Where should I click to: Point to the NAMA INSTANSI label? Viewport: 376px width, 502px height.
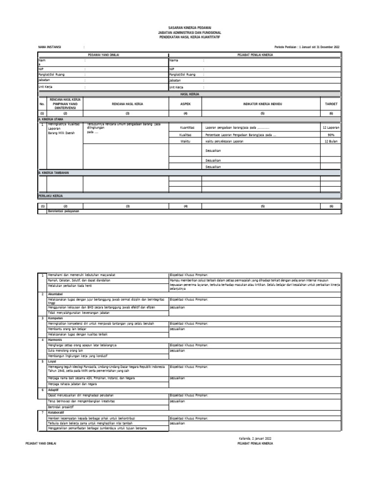(x=49, y=47)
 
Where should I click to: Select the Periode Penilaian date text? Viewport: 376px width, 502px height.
(x=307, y=47)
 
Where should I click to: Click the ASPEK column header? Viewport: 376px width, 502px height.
(x=185, y=104)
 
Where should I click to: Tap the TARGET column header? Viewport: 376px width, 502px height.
(x=328, y=104)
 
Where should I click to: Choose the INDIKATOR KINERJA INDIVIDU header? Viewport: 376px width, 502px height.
(x=262, y=104)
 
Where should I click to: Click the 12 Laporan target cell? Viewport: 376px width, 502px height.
(x=331, y=127)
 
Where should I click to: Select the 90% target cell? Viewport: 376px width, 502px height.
(x=331, y=134)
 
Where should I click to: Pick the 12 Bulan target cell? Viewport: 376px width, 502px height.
(x=331, y=141)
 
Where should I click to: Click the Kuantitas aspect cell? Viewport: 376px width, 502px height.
(x=187, y=127)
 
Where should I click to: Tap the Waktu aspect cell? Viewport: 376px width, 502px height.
(x=185, y=141)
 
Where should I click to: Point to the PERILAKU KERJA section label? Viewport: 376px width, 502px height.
(x=51, y=195)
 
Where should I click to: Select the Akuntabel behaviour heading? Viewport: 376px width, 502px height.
(x=55, y=293)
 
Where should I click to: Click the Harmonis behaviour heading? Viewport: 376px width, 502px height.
(x=55, y=339)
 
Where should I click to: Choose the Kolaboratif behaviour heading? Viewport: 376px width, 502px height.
(x=56, y=413)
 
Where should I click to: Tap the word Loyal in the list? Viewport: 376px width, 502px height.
(x=52, y=361)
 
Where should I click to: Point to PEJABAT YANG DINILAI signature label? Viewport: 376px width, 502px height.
(x=41, y=443)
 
